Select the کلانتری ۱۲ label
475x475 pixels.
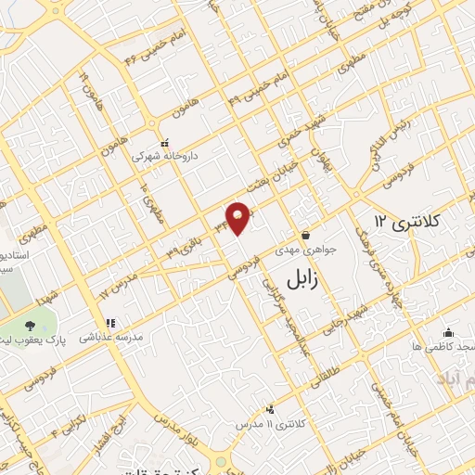[408, 221]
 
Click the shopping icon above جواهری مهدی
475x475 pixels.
[306, 236]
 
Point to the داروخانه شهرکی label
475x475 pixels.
[156, 157]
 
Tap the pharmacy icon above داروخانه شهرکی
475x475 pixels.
[165, 144]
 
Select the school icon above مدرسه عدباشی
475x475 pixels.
[109, 324]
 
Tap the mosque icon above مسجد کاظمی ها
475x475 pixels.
[449, 333]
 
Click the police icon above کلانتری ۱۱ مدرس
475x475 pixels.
[271, 409]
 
